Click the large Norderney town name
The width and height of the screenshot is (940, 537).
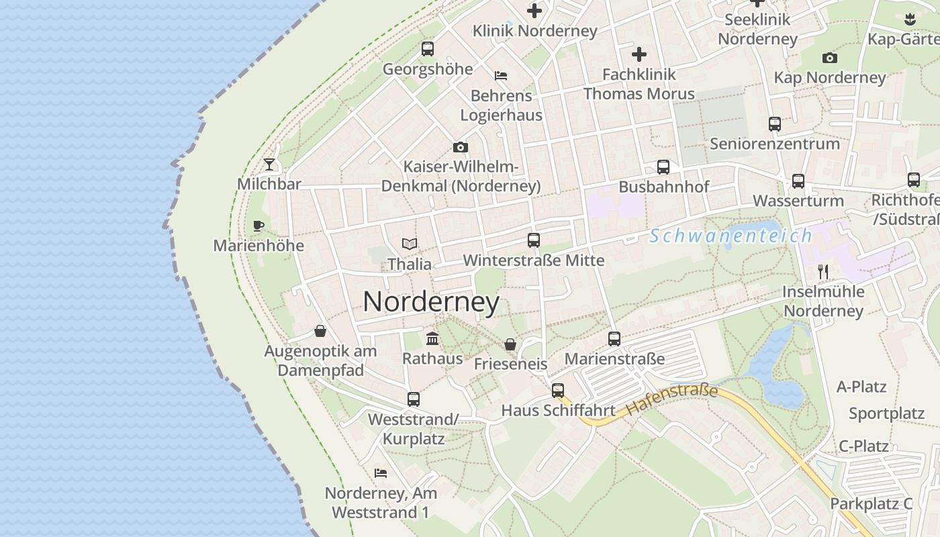coord(431,302)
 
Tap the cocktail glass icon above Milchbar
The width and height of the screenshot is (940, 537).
coord(269,164)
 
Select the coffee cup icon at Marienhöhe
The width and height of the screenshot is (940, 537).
coord(258,226)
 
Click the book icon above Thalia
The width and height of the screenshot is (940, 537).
coord(410,244)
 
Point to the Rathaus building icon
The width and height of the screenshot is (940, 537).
coord(432,339)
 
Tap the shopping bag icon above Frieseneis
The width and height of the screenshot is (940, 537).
coord(510,344)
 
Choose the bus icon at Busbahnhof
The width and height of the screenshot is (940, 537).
coord(663,167)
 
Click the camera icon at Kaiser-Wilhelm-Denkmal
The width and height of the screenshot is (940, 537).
coord(460,147)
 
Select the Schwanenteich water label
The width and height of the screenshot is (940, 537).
coord(731,236)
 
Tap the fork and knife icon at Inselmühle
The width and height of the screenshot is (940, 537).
coord(823,271)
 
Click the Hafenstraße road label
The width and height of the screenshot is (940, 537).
coord(671,399)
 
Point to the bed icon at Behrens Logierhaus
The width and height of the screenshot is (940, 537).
coord(501,75)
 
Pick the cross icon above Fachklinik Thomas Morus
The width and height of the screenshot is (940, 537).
coord(639,54)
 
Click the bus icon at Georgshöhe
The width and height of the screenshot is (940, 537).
coord(428,49)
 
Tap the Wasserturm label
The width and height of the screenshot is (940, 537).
coord(798,201)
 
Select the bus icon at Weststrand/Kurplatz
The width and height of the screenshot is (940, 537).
coord(414,399)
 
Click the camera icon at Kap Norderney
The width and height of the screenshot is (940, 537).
coord(830,58)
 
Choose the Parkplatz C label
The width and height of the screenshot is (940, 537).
coord(872,503)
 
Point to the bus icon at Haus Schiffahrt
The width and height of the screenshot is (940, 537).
coord(558,391)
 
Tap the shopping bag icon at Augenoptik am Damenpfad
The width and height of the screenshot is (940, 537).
coord(320,331)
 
